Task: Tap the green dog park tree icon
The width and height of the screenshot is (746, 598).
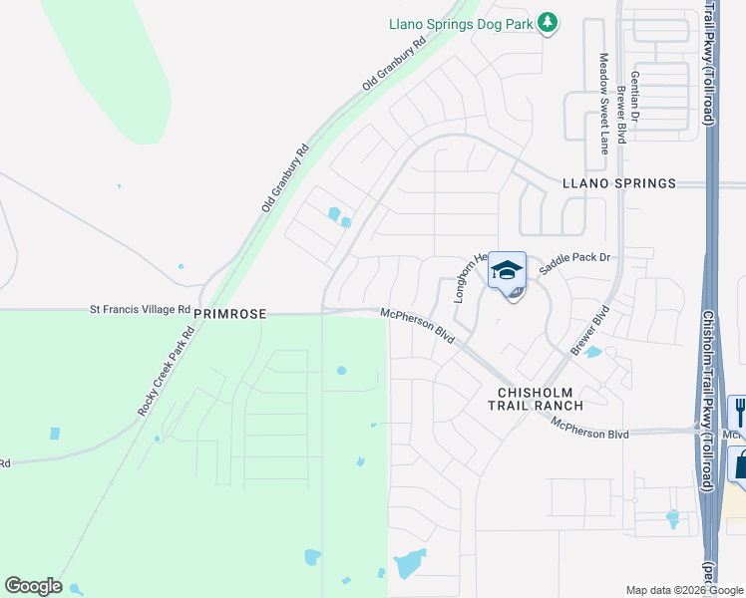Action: (547, 22)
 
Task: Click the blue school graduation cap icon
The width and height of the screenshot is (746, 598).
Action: (507, 270)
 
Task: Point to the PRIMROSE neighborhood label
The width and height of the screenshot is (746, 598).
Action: (230, 314)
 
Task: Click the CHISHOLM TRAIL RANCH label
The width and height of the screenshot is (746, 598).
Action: (535, 398)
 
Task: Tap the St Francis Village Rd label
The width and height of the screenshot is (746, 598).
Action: (141, 310)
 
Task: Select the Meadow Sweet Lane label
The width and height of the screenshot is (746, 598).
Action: (603, 104)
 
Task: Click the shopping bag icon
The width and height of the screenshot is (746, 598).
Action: (739, 463)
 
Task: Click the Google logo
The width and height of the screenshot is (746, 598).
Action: (33, 586)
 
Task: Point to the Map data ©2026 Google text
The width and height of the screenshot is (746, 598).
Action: (684, 590)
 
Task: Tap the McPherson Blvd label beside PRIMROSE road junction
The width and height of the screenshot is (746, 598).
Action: (418, 326)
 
